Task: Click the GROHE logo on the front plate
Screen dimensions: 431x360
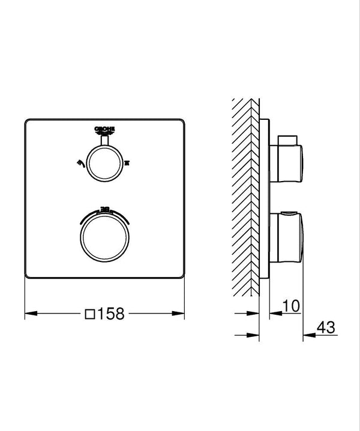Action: click(x=104, y=128)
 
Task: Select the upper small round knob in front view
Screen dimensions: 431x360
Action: click(x=104, y=160)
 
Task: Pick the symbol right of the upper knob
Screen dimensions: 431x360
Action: click(x=127, y=162)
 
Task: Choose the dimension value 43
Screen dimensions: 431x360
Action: click(x=326, y=327)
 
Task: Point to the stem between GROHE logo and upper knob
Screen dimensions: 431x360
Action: click(x=104, y=140)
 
